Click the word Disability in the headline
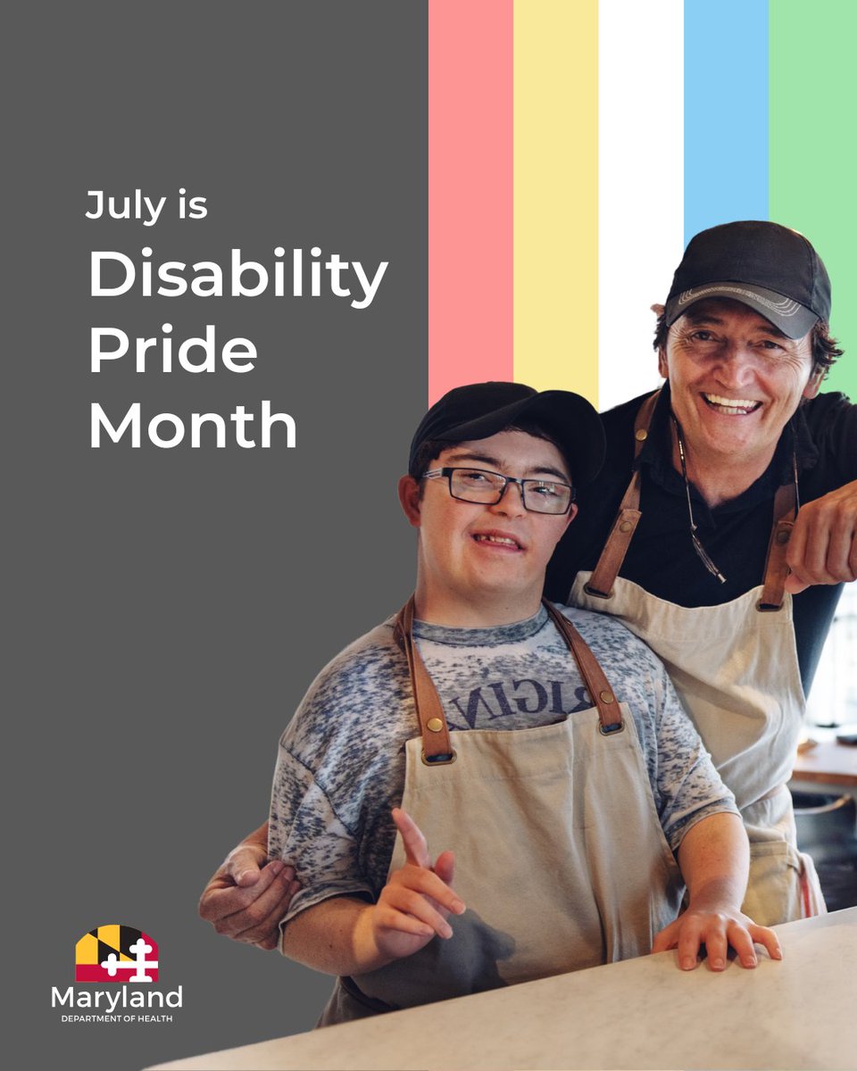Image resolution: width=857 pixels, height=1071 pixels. [x=237, y=277]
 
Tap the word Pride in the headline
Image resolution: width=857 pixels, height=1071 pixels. [x=172, y=350]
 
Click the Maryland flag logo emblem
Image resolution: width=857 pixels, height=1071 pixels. [x=116, y=953]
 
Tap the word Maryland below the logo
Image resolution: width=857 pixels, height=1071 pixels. [x=116, y=997]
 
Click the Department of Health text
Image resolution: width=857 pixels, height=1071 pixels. [x=116, y=1018]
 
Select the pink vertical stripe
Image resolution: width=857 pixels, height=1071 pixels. [x=470, y=178]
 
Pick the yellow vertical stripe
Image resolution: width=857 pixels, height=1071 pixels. [x=555, y=178]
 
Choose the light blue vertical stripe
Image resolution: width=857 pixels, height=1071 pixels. [x=726, y=107]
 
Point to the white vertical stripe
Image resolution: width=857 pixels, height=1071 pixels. [x=641, y=178]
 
